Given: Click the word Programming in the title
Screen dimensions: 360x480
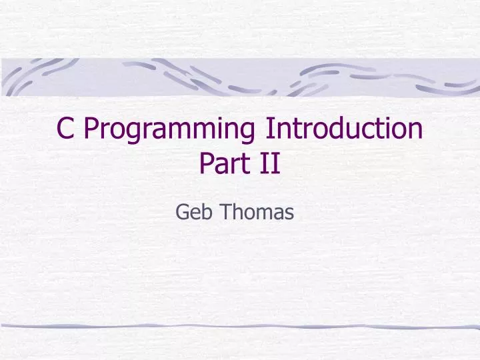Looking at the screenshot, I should (171, 129).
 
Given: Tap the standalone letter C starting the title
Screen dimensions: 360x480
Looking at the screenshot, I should (65, 128).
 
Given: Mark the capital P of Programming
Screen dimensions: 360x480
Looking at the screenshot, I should (91, 128).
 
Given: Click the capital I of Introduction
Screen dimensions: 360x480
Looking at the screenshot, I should (269, 128).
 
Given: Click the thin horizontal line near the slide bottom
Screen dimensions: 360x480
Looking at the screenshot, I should (240, 326).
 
